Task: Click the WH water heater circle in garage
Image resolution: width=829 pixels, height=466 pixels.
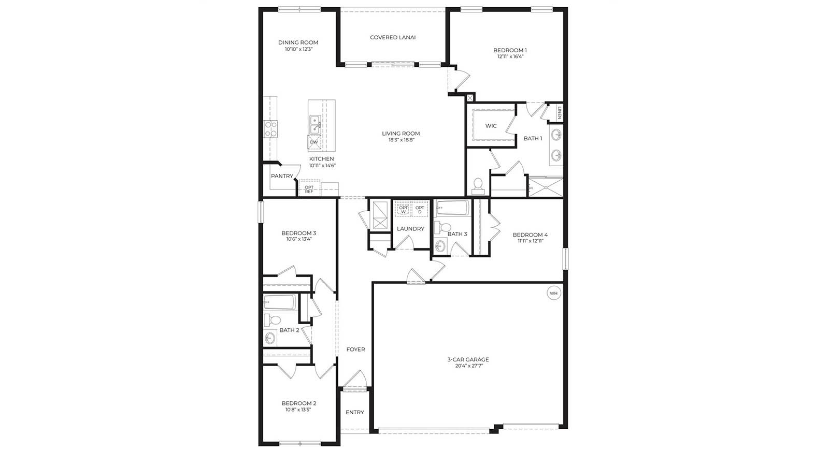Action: (553, 294)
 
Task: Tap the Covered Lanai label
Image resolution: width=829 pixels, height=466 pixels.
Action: (393, 37)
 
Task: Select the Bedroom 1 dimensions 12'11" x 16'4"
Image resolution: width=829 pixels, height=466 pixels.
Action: (510, 57)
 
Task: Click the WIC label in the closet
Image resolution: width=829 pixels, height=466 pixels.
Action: (491, 126)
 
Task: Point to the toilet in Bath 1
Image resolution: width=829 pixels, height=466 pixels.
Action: (478, 185)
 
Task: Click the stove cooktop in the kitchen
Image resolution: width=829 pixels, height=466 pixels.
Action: (270, 128)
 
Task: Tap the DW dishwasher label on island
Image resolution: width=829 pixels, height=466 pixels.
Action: (314, 142)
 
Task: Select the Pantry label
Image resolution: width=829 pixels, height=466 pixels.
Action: (282, 176)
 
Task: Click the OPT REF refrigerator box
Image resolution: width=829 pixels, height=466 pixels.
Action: (309, 189)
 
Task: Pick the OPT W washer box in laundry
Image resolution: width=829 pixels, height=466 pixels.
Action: (403, 210)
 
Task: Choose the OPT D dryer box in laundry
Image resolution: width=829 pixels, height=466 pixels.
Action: (420, 210)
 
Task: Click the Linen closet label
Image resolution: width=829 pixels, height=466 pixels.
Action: (559, 113)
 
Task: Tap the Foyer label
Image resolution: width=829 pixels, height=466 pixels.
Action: (355, 349)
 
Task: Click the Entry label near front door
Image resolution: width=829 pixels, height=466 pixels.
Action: (355, 412)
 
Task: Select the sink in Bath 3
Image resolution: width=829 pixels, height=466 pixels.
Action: (440, 246)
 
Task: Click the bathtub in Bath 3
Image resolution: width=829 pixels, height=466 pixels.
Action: (452, 208)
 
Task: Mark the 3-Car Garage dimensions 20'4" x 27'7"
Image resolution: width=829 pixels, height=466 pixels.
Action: (468, 366)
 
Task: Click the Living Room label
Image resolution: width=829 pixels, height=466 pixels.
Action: (401, 134)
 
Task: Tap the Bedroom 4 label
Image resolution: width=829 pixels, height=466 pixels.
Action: (530, 235)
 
